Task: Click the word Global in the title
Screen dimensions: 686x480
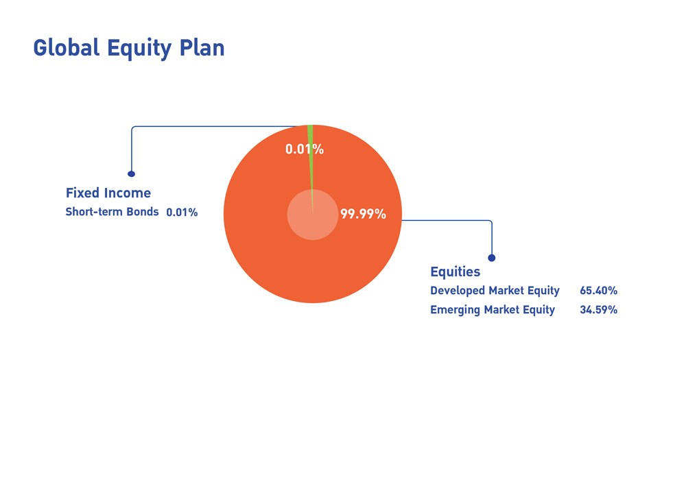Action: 67,47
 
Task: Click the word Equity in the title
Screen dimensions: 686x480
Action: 139,49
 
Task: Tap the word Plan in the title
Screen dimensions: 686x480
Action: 202,47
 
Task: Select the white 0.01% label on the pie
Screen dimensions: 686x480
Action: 305,149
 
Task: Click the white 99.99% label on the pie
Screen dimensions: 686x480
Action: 363,214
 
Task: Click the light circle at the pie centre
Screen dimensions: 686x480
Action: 312,215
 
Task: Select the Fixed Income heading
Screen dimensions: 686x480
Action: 108,193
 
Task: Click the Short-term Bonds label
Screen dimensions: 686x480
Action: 112,212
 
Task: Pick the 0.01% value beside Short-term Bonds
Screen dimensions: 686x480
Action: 182,213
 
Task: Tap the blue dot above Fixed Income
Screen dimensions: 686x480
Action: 131,174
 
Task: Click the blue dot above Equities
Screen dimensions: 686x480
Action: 492,258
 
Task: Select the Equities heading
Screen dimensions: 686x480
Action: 456,272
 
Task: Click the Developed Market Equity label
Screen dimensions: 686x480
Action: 495,291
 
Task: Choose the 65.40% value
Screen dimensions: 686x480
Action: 598,291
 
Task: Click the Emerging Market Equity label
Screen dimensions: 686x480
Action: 493,310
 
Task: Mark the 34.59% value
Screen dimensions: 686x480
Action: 598,310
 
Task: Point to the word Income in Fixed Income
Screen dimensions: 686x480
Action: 128,193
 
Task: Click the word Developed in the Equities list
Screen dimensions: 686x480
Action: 458,291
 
